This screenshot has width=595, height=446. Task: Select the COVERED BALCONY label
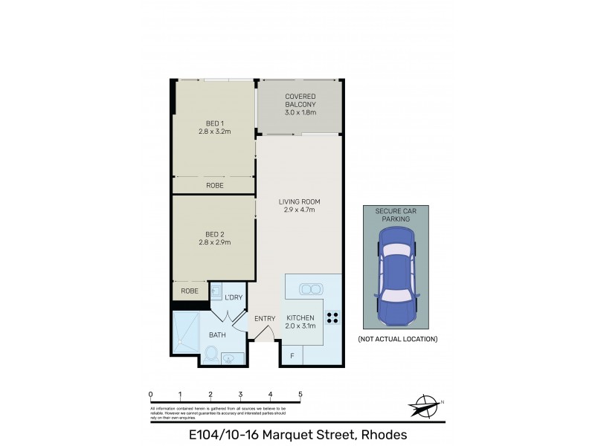pos(300,105)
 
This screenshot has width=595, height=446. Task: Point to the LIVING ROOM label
pos(299,206)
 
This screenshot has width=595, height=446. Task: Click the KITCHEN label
pos(299,322)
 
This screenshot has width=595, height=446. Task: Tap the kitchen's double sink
pos(309,288)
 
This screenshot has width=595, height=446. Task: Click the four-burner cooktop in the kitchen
pos(332,318)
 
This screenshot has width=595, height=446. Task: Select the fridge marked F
pos(292,357)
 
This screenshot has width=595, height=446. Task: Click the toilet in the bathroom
pos(210,354)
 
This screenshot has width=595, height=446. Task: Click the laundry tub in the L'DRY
pos(216,291)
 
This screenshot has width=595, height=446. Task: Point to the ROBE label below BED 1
pos(215,186)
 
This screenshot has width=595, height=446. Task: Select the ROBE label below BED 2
pos(190,291)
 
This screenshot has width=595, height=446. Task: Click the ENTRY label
pos(265,319)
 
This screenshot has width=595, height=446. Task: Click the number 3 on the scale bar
pos(240,394)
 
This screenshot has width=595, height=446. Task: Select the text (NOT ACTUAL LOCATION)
pos(397,339)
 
